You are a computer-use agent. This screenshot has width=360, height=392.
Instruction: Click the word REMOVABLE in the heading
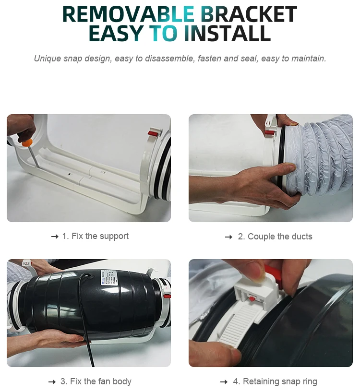[x=128, y=14]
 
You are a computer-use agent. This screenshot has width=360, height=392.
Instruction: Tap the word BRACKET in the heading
[x=249, y=14]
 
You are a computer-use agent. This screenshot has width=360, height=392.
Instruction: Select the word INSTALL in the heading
[x=227, y=33]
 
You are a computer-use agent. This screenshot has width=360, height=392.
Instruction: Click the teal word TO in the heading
[x=163, y=33]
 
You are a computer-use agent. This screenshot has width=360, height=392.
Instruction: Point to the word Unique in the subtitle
[x=48, y=59]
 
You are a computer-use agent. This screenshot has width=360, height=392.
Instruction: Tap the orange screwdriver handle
[x=27, y=143]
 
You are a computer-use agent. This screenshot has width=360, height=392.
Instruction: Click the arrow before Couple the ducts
[x=228, y=237]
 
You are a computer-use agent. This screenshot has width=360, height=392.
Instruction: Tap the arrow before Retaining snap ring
[x=224, y=382]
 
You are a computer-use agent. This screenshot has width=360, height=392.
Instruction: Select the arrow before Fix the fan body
[x=52, y=382]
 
